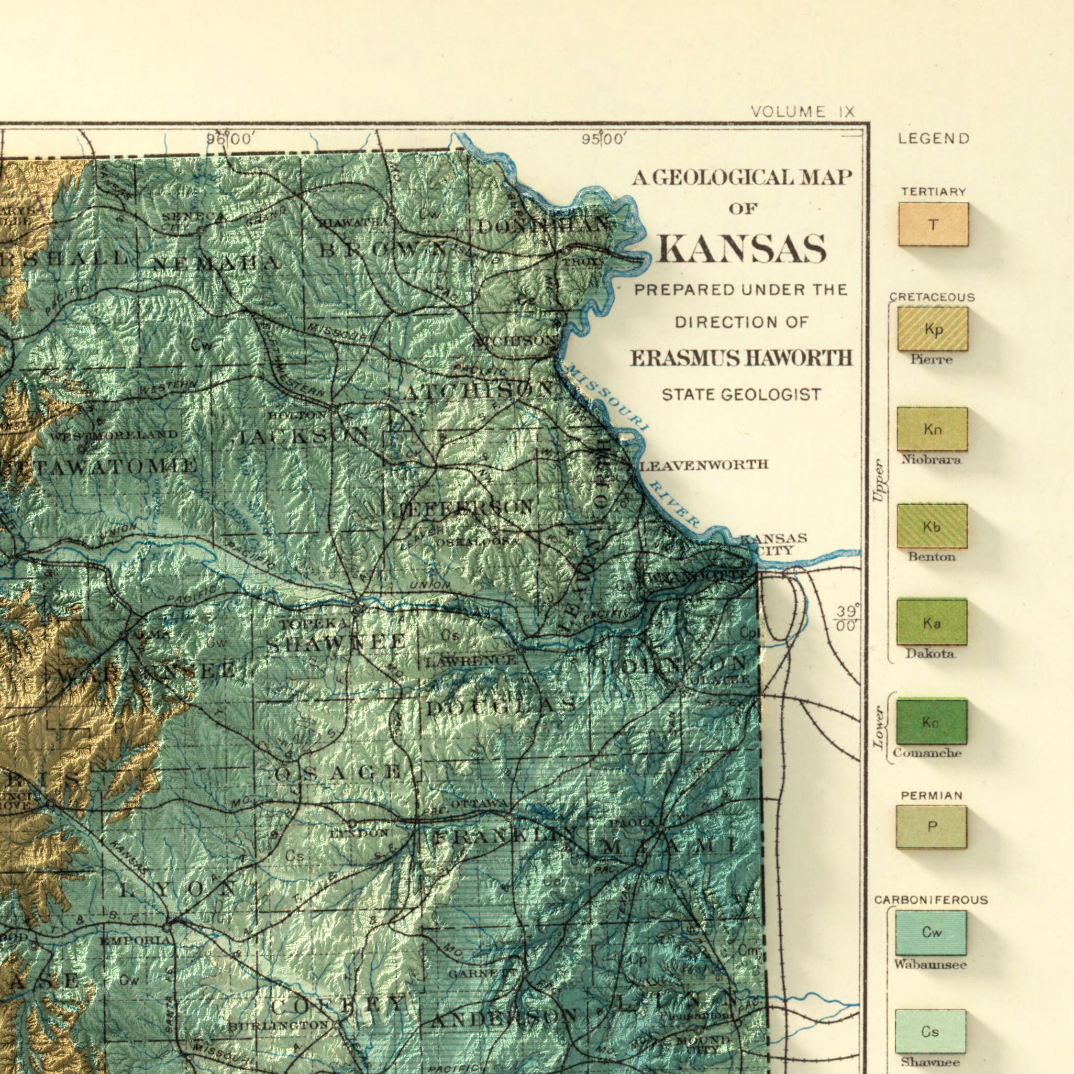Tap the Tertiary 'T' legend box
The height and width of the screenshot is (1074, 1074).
tap(933, 225)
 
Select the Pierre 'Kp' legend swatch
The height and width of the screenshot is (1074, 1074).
tap(933, 329)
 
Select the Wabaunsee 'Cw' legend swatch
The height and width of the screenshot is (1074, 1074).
tap(931, 932)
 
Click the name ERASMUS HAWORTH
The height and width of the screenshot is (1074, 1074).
tap(741, 359)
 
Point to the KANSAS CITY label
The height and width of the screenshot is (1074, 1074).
tap(773, 544)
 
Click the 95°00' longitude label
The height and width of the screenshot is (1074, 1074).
tap(604, 138)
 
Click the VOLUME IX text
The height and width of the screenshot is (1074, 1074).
tap(802, 112)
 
